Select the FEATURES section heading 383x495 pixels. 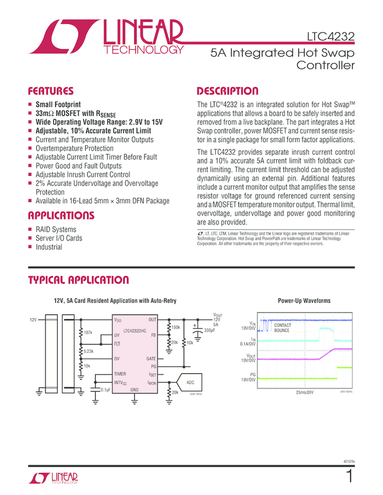click(x=51, y=91)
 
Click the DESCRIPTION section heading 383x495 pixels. click(x=227, y=91)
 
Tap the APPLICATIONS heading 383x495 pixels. click(x=61, y=216)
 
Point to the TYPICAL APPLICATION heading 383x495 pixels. click(x=78, y=280)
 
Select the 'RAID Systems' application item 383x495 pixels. click(x=56, y=229)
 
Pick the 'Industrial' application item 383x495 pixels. click(x=49, y=247)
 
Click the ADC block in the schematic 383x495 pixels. click(x=190, y=382)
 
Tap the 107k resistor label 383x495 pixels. click(x=89, y=333)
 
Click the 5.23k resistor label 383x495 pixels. click(x=89, y=351)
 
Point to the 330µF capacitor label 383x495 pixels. click(x=209, y=331)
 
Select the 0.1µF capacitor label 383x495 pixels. click(x=106, y=390)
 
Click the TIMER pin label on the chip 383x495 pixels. click(x=120, y=374)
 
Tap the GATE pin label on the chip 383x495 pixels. click(x=151, y=359)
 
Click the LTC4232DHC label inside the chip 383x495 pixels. click(x=135, y=330)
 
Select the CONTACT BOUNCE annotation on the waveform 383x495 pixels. click(x=283, y=328)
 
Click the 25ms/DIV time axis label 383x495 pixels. click(x=305, y=393)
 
